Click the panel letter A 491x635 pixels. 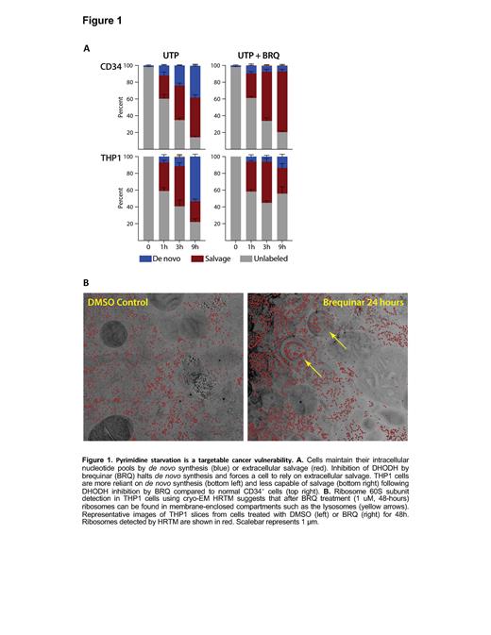[x=88, y=47]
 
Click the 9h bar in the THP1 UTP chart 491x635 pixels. [x=195, y=198]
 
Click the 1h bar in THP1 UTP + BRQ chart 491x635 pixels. [x=251, y=198]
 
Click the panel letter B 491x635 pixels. [x=88, y=280]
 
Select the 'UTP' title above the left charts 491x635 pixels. [x=171, y=53]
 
